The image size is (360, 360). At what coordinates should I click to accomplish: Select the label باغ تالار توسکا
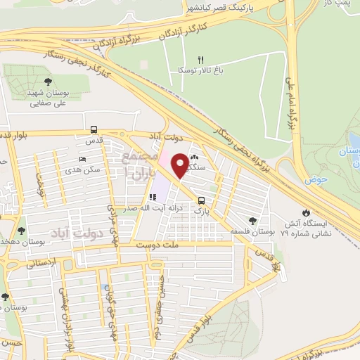tap(200, 71)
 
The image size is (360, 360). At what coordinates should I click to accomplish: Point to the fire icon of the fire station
tap(305, 212)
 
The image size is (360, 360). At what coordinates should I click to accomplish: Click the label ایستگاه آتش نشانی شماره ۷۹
tap(306, 227)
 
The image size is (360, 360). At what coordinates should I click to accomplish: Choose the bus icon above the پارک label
tap(202, 200)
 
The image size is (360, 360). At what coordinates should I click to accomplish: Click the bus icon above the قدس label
tap(94, 130)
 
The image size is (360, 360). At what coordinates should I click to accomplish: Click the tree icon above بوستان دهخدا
tap(21, 230)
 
